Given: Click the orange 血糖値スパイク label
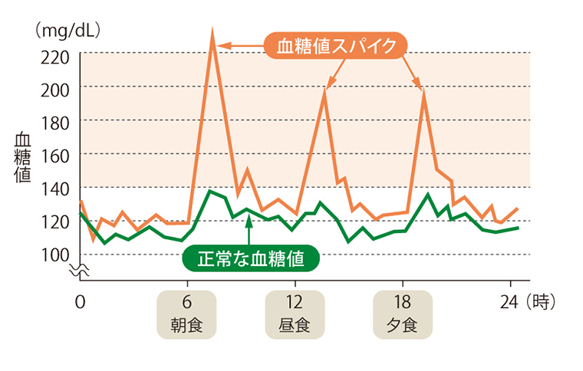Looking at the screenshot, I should (x=335, y=47).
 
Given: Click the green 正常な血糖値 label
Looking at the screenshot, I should (x=251, y=258).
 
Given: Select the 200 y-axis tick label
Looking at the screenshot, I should (x=57, y=88).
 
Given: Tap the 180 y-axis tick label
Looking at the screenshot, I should (x=57, y=121).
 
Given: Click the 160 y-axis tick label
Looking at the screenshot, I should (x=57, y=154).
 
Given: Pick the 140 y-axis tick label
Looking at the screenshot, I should (x=57, y=188).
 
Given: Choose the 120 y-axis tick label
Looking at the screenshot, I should (x=57, y=221).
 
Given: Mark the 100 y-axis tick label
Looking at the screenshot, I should (x=57, y=254).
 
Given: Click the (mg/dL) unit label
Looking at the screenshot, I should (x=68, y=31).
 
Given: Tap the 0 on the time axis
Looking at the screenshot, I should (x=80, y=301).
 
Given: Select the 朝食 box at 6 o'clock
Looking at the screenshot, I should (x=186, y=314).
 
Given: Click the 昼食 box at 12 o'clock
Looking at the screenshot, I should (x=294, y=314).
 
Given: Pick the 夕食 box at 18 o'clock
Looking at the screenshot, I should (x=402, y=314).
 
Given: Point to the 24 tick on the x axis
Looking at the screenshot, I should (x=509, y=301).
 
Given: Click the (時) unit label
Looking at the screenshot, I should (x=541, y=301).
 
